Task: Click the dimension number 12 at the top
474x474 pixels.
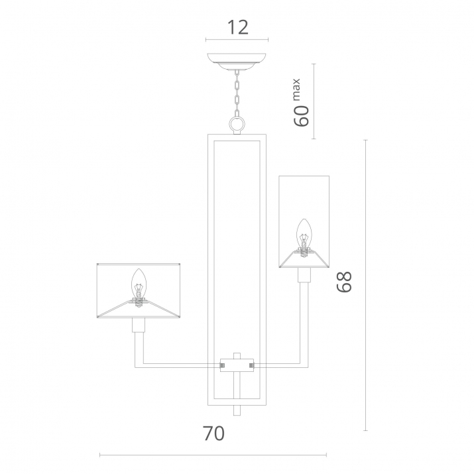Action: pyautogui.click(x=237, y=27)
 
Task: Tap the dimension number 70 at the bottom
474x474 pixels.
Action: pyautogui.click(x=213, y=433)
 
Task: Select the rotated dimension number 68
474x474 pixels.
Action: pyautogui.click(x=344, y=282)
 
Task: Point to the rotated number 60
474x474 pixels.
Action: pyautogui.click(x=302, y=116)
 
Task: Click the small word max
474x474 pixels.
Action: pyautogui.click(x=296, y=89)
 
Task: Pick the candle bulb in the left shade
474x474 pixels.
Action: pyautogui.click(x=139, y=287)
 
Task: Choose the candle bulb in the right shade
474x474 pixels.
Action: pyautogui.click(x=303, y=238)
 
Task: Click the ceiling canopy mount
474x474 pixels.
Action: pyautogui.click(x=237, y=62)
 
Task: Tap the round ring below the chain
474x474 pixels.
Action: pyautogui.click(x=237, y=124)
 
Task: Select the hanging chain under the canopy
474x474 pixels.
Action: pyautogui.click(x=237, y=93)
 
